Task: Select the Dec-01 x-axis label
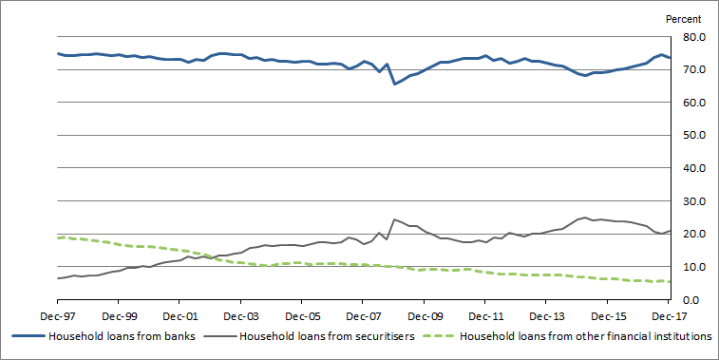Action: tap(179, 317)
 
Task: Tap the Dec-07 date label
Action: tap(362, 317)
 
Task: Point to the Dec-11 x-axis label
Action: tap(484, 317)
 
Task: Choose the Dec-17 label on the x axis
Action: tap(676, 317)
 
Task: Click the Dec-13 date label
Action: tap(545, 317)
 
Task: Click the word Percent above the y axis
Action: tap(683, 18)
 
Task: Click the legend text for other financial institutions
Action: tap(587, 335)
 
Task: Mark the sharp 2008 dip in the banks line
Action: tap(394, 84)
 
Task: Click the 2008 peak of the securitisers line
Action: tap(394, 219)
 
